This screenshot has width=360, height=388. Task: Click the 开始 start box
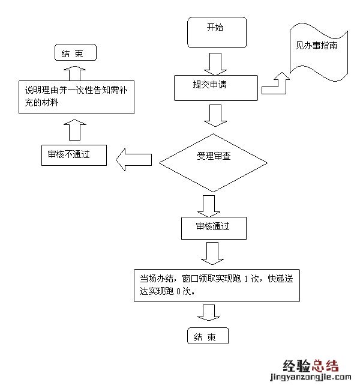(x=217, y=32)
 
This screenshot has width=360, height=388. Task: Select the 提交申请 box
(x=217, y=87)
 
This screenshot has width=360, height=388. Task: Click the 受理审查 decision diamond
(x=214, y=158)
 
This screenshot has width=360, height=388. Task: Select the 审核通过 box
(x=213, y=228)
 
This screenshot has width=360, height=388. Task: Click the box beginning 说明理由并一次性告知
(x=74, y=97)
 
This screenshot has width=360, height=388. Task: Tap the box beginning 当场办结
(x=217, y=285)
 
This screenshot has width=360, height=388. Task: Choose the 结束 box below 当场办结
(x=208, y=336)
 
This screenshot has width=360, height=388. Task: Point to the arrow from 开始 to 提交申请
(x=214, y=62)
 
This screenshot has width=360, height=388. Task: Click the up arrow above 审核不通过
(x=75, y=130)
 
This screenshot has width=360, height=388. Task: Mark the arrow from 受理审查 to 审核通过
(x=209, y=205)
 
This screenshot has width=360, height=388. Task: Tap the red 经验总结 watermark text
(x=310, y=365)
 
